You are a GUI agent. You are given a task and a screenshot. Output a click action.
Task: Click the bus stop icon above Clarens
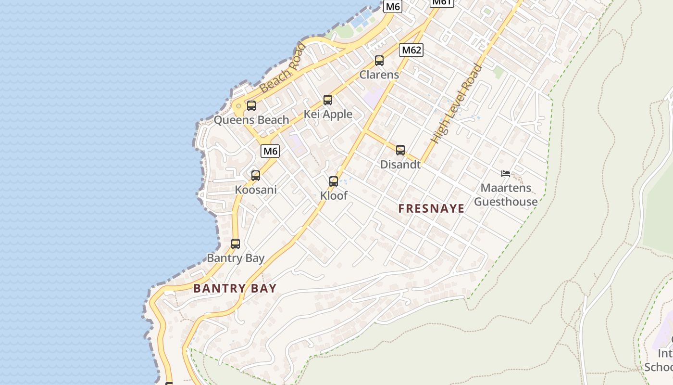point(379,61)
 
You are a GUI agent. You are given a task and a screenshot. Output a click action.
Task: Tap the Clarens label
point(379,75)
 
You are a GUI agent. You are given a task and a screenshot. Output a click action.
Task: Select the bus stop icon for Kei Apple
point(328,100)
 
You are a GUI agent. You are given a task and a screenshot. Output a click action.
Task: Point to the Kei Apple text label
point(328,114)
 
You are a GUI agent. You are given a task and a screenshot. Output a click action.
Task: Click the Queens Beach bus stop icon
point(251,106)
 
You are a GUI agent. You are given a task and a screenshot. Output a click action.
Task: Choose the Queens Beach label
point(251,120)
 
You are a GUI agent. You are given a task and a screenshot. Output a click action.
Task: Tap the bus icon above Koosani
point(256,176)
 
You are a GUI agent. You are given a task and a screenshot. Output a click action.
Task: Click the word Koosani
point(256,190)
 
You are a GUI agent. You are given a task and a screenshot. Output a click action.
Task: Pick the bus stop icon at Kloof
point(334,181)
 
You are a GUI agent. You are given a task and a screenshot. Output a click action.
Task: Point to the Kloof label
point(334,196)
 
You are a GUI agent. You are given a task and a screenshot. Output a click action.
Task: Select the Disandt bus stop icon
point(400,150)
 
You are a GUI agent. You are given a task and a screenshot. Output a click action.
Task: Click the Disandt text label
point(400,165)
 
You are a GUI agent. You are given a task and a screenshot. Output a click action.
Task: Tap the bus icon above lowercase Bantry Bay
point(236,244)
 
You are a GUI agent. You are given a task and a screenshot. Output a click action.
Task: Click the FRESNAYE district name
point(432,208)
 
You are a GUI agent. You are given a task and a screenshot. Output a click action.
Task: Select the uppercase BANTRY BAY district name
point(235,289)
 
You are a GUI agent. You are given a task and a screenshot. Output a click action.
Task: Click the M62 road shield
point(411,50)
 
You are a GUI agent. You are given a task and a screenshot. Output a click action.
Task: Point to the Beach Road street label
point(282,68)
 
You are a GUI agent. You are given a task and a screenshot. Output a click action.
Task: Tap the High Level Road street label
point(457,103)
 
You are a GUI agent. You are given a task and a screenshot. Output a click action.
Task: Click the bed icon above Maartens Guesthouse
point(505,174)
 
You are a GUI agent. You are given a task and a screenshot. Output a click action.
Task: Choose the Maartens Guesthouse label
point(506,195)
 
